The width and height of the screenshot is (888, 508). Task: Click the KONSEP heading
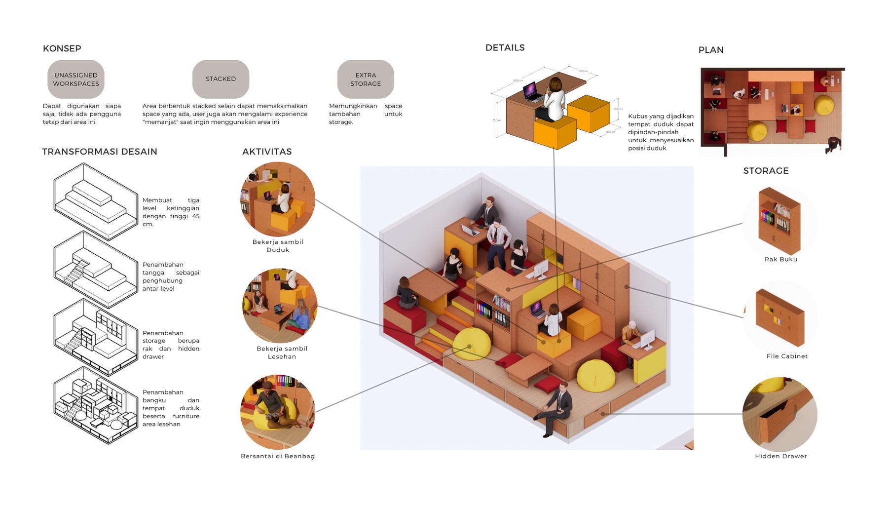(x=62, y=48)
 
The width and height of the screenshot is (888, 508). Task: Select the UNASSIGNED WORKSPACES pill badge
(x=76, y=79)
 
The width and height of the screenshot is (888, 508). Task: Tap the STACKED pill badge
(x=221, y=79)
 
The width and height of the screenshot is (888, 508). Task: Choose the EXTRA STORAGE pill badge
(x=366, y=79)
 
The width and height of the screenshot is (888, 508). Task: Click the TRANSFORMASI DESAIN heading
(x=100, y=152)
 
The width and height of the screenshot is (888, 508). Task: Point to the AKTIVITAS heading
(x=267, y=152)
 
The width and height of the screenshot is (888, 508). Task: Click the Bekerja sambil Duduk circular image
(x=278, y=199)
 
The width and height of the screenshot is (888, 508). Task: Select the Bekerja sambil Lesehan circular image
(x=280, y=306)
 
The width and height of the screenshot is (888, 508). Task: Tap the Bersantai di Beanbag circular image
(x=278, y=412)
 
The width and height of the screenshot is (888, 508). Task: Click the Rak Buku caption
(x=781, y=259)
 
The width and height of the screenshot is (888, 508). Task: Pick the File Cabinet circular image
(x=780, y=317)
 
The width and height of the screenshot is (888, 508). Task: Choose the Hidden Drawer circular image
(x=780, y=414)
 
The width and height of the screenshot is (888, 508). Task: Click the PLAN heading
(x=711, y=50)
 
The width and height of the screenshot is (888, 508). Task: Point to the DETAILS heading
(x=505, y=48)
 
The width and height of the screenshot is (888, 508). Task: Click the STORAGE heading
(x=766, y=171)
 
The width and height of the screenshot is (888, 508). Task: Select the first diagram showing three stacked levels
(x=95, y=201)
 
